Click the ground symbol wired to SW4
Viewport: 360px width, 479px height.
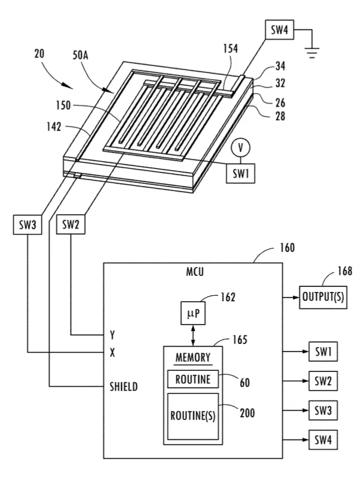tap(311, 52)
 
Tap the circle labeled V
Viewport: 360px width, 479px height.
tap(241, 148)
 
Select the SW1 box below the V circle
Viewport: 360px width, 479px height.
tap(240, 173)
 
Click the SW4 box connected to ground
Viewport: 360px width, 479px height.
tap(280, 30)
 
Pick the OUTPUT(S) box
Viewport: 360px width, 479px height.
tap(323, 297)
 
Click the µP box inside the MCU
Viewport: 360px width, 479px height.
tap(193, 313)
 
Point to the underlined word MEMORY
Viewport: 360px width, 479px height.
tap(193, 358)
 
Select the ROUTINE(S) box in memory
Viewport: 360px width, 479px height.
tap(193, 417)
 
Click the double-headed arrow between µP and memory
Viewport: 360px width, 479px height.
tap(193, 335)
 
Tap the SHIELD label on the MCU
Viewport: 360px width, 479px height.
tap(123, 387)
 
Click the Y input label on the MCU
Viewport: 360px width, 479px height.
tap(112, 335)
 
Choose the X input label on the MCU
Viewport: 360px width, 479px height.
tap(112, 353)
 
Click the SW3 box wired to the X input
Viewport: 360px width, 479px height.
tap(28, 225)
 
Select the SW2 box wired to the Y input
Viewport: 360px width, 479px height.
tap(71, 225)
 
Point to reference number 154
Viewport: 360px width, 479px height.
tap(230, 48)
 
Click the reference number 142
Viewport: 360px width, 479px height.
tap(54, 126)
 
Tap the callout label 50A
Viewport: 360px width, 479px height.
tap(80, 55)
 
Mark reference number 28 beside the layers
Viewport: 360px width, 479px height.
tap(280, 116)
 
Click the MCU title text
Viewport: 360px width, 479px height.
tap(195, 272)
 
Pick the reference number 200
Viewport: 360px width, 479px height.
tap(247, 413)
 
